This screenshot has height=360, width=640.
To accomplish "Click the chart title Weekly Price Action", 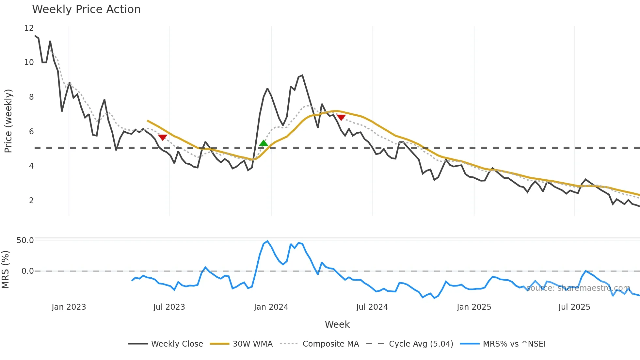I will (x=86, y=9).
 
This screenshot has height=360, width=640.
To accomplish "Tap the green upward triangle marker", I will (x=264, y=143).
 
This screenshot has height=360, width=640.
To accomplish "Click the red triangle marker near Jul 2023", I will (x=163, y=138).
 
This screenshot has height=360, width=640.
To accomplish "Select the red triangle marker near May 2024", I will (x=341, y=117).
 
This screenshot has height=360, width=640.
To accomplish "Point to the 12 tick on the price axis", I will (x=29, y=28).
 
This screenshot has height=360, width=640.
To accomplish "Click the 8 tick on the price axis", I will (x=31, y=97).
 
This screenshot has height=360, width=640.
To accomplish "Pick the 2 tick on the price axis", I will (x=31, y=201).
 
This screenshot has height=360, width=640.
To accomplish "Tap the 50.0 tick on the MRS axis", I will (x=25, y=240).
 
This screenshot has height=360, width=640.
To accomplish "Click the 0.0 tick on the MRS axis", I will (x=27, y=271).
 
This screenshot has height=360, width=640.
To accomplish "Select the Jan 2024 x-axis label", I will (x=271, y=307).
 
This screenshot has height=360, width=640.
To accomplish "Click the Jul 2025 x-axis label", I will (x=574, y=307).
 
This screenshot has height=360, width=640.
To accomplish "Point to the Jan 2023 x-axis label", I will (x=69, y=307).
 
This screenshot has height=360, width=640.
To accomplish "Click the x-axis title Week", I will (x=337, y=324).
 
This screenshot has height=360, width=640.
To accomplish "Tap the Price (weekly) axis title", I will (x=8, y=121).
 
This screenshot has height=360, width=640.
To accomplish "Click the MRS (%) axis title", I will (x=6, y=270).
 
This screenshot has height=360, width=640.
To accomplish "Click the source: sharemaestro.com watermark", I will (x=578, y=288).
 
